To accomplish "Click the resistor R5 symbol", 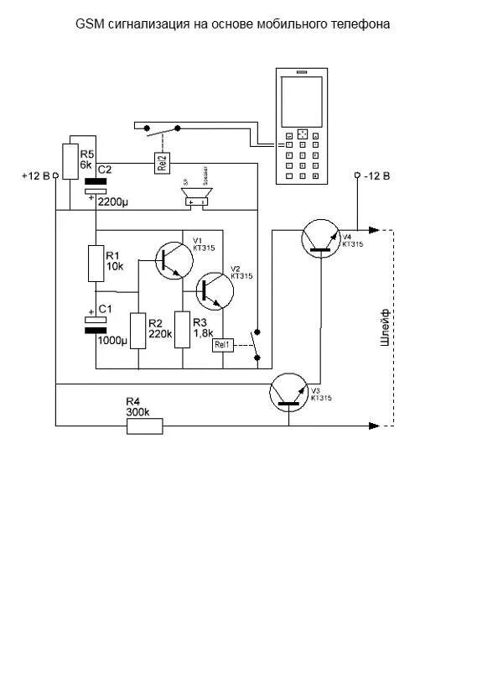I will [69, 159].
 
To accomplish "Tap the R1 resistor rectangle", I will [96, 263].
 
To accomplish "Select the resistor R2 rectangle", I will [138, 328].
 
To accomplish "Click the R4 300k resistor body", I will [144, 426].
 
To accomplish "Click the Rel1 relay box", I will [222, 345].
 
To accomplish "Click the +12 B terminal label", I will [35, 176].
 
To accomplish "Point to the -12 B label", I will [376, 175].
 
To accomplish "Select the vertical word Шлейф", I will [386, 327].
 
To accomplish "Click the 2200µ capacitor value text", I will [112, 202].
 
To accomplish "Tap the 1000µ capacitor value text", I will [112, 341].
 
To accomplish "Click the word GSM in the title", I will [88, 25].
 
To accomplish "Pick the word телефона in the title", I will [365, 25].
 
